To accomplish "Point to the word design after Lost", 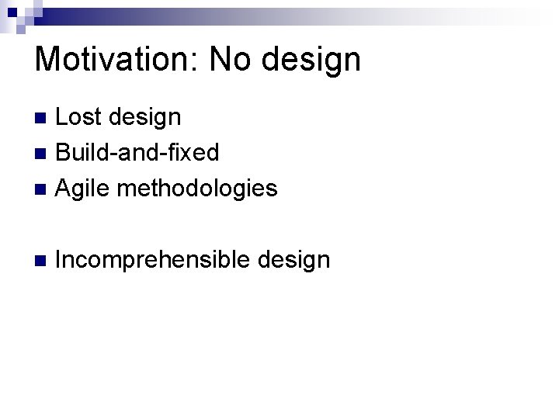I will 146,119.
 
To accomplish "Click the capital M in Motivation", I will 47,59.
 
